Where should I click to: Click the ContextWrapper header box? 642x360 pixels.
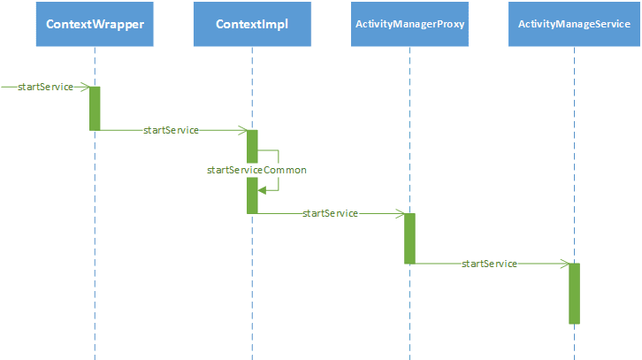(95, 24)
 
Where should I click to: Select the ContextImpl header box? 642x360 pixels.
(252, 24)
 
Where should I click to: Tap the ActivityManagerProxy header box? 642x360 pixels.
(409, 24)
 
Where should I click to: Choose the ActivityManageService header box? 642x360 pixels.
(574, 24)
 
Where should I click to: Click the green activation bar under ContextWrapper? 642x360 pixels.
(95, 109)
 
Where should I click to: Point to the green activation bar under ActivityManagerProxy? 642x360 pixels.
(409, 238)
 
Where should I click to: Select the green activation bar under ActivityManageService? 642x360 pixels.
(574, 294)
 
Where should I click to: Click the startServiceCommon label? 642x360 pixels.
(256, 170)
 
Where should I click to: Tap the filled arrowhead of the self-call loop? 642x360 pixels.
(262, 190)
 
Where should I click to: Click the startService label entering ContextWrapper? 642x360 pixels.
(45, 87)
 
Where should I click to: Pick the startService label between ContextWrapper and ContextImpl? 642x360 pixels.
(171, 130)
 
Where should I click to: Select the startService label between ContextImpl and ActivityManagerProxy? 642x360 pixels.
(330, 213)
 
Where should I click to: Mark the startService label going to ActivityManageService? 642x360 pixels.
(489, 264)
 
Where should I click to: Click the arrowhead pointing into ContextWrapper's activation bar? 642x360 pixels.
(85, 87)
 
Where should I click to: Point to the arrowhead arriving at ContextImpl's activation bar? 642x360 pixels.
(242, 130)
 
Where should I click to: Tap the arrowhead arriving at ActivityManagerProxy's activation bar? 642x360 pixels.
(400, 213)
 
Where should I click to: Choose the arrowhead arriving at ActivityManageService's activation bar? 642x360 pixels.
(564, 264)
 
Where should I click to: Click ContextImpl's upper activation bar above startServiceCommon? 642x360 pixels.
(252, 147)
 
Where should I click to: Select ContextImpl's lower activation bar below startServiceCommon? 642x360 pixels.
(252, 195)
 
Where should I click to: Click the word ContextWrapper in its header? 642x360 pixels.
(95, 24)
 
